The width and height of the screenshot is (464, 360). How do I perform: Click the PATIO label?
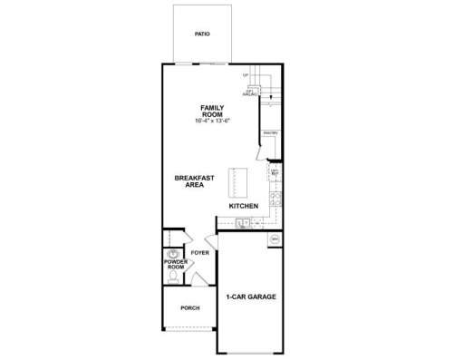202,34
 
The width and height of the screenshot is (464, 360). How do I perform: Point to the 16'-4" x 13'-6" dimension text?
212,121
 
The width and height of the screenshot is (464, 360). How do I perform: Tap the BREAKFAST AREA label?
194,181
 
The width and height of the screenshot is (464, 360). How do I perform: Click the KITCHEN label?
244,207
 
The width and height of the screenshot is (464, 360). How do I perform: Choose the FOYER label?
199,253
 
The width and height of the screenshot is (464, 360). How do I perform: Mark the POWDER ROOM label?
175,265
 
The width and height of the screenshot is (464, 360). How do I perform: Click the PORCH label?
189,308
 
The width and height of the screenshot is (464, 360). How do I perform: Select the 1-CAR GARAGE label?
251,297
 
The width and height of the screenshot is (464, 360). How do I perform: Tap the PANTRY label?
270,133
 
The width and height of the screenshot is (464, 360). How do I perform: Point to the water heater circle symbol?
275,239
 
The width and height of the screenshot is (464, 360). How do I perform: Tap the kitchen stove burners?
275,197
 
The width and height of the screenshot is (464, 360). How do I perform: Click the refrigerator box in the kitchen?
275,171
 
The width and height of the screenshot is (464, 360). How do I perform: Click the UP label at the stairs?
245,74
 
